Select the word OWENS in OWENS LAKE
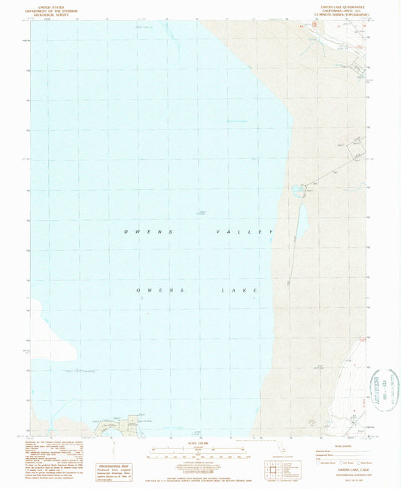point(159,290)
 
